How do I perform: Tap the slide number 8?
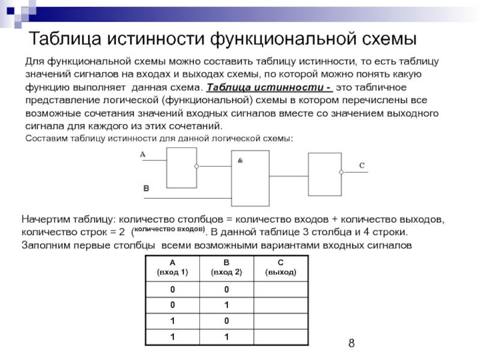tap(352, 344)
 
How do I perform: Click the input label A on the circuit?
tap(143, 155)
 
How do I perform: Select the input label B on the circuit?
tap(145, 188)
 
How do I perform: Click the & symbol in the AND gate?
tap(241, 161)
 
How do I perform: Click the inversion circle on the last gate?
tap(342, 172)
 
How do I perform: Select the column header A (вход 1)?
tap(172, 267)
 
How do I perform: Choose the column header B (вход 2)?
tap(226, 267)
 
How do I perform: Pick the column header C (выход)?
tap(281, 267)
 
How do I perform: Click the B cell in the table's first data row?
tap(227, 290)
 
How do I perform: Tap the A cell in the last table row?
tap(172, 336)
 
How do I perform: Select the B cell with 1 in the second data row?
tap(227, 305)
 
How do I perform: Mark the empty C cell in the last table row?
tap(281, 336)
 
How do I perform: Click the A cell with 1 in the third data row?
tap(172, 320)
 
